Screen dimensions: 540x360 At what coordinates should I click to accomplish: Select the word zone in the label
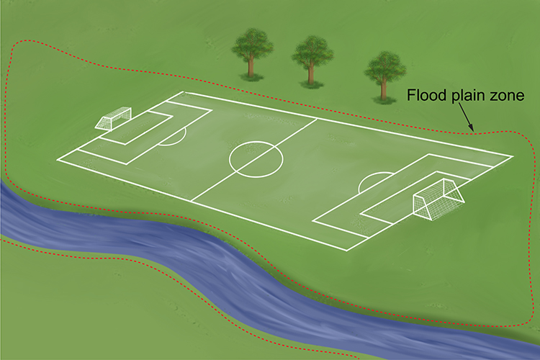point(508,96)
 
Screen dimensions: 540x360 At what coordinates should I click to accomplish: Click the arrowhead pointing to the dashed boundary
point(471,128)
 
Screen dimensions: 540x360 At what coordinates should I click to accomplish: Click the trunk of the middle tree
point(311,73)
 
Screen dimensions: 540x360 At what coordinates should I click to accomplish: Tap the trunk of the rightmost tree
point(383,89)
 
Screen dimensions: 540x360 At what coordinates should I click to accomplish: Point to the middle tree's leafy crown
point(312,53)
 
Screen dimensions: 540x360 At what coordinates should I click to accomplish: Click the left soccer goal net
point(113,118)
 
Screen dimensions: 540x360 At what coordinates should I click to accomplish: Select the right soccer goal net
point(438,199)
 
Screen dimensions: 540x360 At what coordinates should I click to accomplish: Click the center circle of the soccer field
point(256,141)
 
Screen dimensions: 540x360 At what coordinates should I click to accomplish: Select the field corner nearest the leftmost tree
point(184,92)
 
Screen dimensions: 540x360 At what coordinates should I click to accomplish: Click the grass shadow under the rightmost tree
point(384,101)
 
